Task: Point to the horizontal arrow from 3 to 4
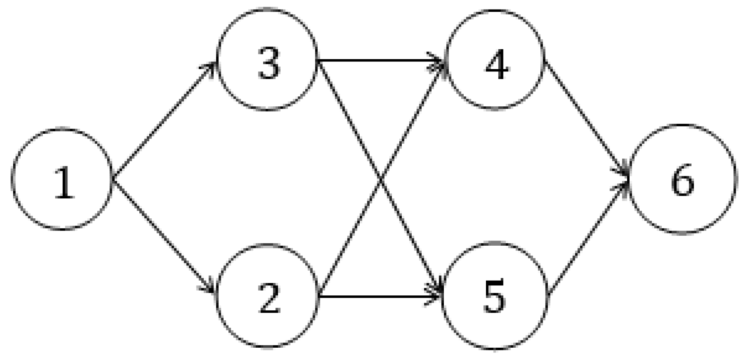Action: point(381,60)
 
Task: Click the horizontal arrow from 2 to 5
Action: point(381,296)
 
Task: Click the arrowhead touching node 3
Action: point(210,67)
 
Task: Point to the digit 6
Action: point(682,181)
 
